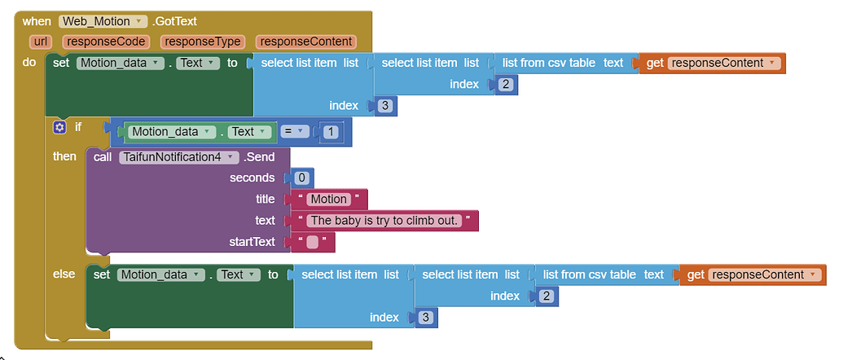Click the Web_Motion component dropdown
click(102, 21)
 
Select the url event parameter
click(41, 42)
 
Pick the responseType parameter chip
click(203, 42)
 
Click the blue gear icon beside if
click(59, 127)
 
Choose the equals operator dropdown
click(292, 132)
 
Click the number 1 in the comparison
click(331, 132)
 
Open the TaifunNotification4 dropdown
click(178, 157)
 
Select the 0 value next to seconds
click(301, 178)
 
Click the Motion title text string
click(328, 200)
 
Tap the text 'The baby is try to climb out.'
click(384, 220)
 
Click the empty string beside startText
click(313, 242)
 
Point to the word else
click(64, 274)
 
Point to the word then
click(64, 156)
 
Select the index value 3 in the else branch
click(425, 318)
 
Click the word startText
click(252, 242)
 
